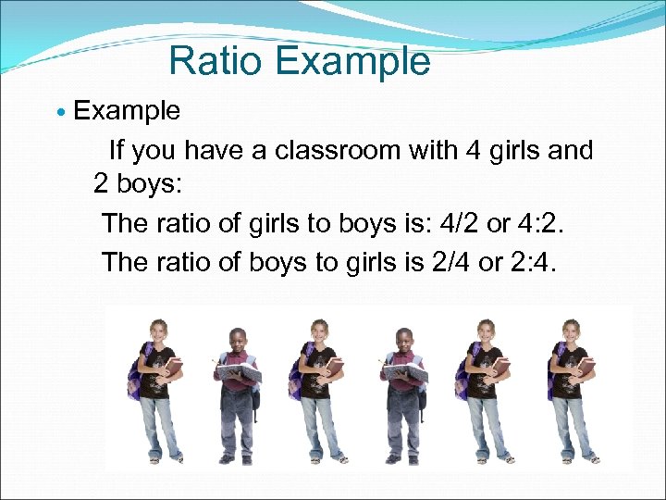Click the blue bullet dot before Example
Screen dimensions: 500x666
point(61,113)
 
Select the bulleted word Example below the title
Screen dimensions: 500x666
point(127,111)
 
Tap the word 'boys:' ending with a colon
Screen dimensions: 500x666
point(152,183)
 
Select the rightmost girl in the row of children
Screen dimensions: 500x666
point(572,389)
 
